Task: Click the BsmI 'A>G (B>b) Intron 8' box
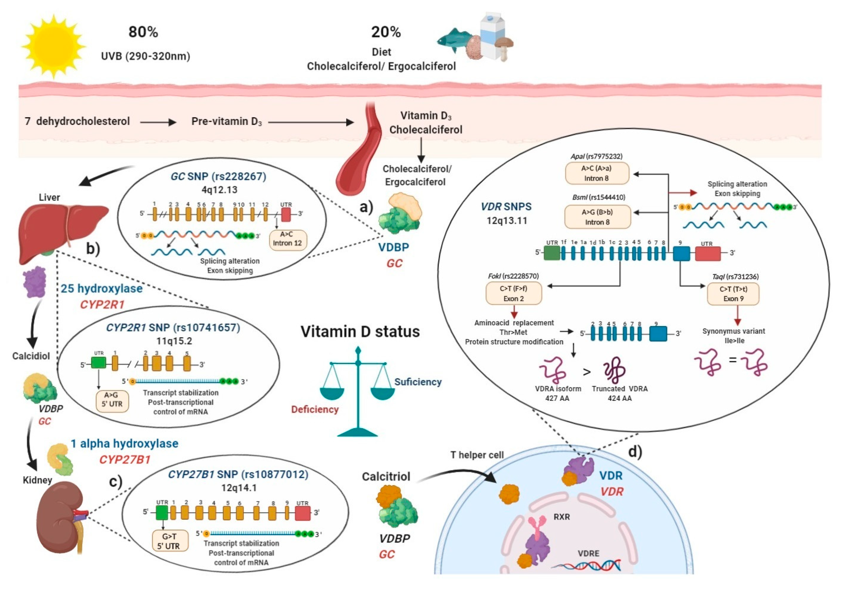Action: pos(597,217)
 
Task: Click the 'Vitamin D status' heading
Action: pos(360,332)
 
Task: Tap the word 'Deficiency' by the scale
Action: pos(315,409)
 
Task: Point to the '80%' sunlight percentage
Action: pos(143,32)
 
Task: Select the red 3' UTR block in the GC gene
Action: pos(286,214)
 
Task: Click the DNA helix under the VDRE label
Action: pos(586,566)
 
